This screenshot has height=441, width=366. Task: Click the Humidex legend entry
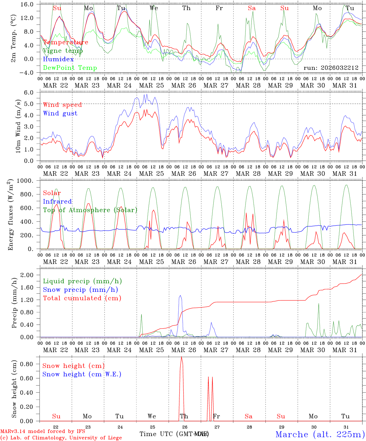58,59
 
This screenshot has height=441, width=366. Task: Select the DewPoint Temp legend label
70,68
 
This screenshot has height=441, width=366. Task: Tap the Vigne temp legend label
63,51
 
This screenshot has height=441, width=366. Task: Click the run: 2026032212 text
331,68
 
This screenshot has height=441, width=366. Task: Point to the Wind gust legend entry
60,113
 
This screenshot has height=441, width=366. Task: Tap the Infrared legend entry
57,202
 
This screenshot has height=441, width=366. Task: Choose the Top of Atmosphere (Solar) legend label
90,210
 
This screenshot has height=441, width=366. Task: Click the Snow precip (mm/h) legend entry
80,290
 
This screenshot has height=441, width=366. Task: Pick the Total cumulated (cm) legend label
82,298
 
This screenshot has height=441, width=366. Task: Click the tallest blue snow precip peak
180,296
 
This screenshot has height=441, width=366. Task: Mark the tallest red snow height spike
181,357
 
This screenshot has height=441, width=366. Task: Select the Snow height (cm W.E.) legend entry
82,374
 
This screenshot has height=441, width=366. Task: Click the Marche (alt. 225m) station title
320,434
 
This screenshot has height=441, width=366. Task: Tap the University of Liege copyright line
61,438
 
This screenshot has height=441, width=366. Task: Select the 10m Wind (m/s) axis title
18,126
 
